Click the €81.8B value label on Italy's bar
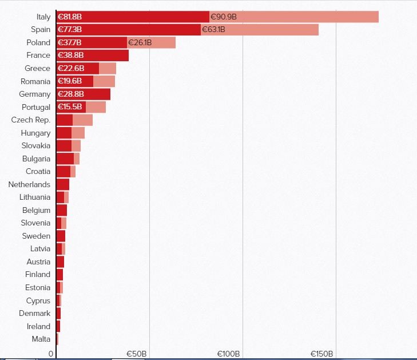pyautogui.click(x=69, y=17)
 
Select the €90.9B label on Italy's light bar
pyautogui.click(x=223, y=17)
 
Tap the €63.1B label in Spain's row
pyautogui.click(x=213, y=30)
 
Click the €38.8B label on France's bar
pyautogui.click(x=71, y=56)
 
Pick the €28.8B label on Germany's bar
pyautogui.click(x=71, y=94)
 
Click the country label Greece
pyautogui.click(x=38, y=68)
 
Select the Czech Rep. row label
pyautogui.click(x=31, y=120)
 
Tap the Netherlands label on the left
pyautogui.click(x=29, y=184)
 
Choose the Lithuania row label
pyautogui.click(x=35, y=197)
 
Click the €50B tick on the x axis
pyautogui.click(x=136, y=354)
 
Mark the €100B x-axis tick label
pyautogui.click(x=228, y=354)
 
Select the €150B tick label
pyautogui.click(x=321, y=354)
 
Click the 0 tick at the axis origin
pyautogui.click(x=51, y=354)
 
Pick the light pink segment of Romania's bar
pyautogui.click(x=104, y=81)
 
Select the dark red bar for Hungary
pyautogui.click(x=63, y=133)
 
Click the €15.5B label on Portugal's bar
pyautogui.click(x=70, y=107)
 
